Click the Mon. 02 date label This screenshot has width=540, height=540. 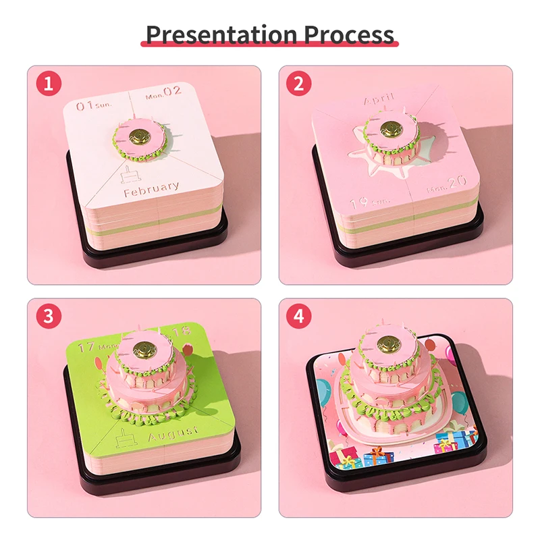tap(164, 95)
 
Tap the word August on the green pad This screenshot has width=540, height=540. tap(173, 430)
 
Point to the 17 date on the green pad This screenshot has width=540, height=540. tap(86, 348)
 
